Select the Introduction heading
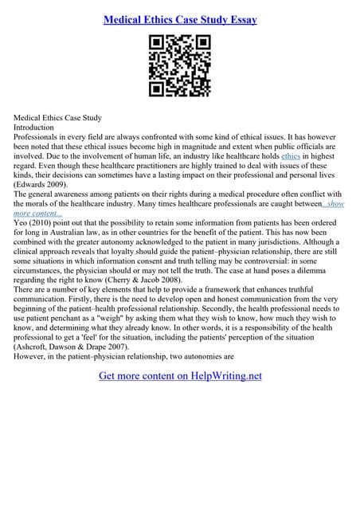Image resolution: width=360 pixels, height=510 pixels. (x=34, y=127)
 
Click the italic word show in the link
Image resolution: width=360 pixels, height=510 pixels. (x=337, y=204)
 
